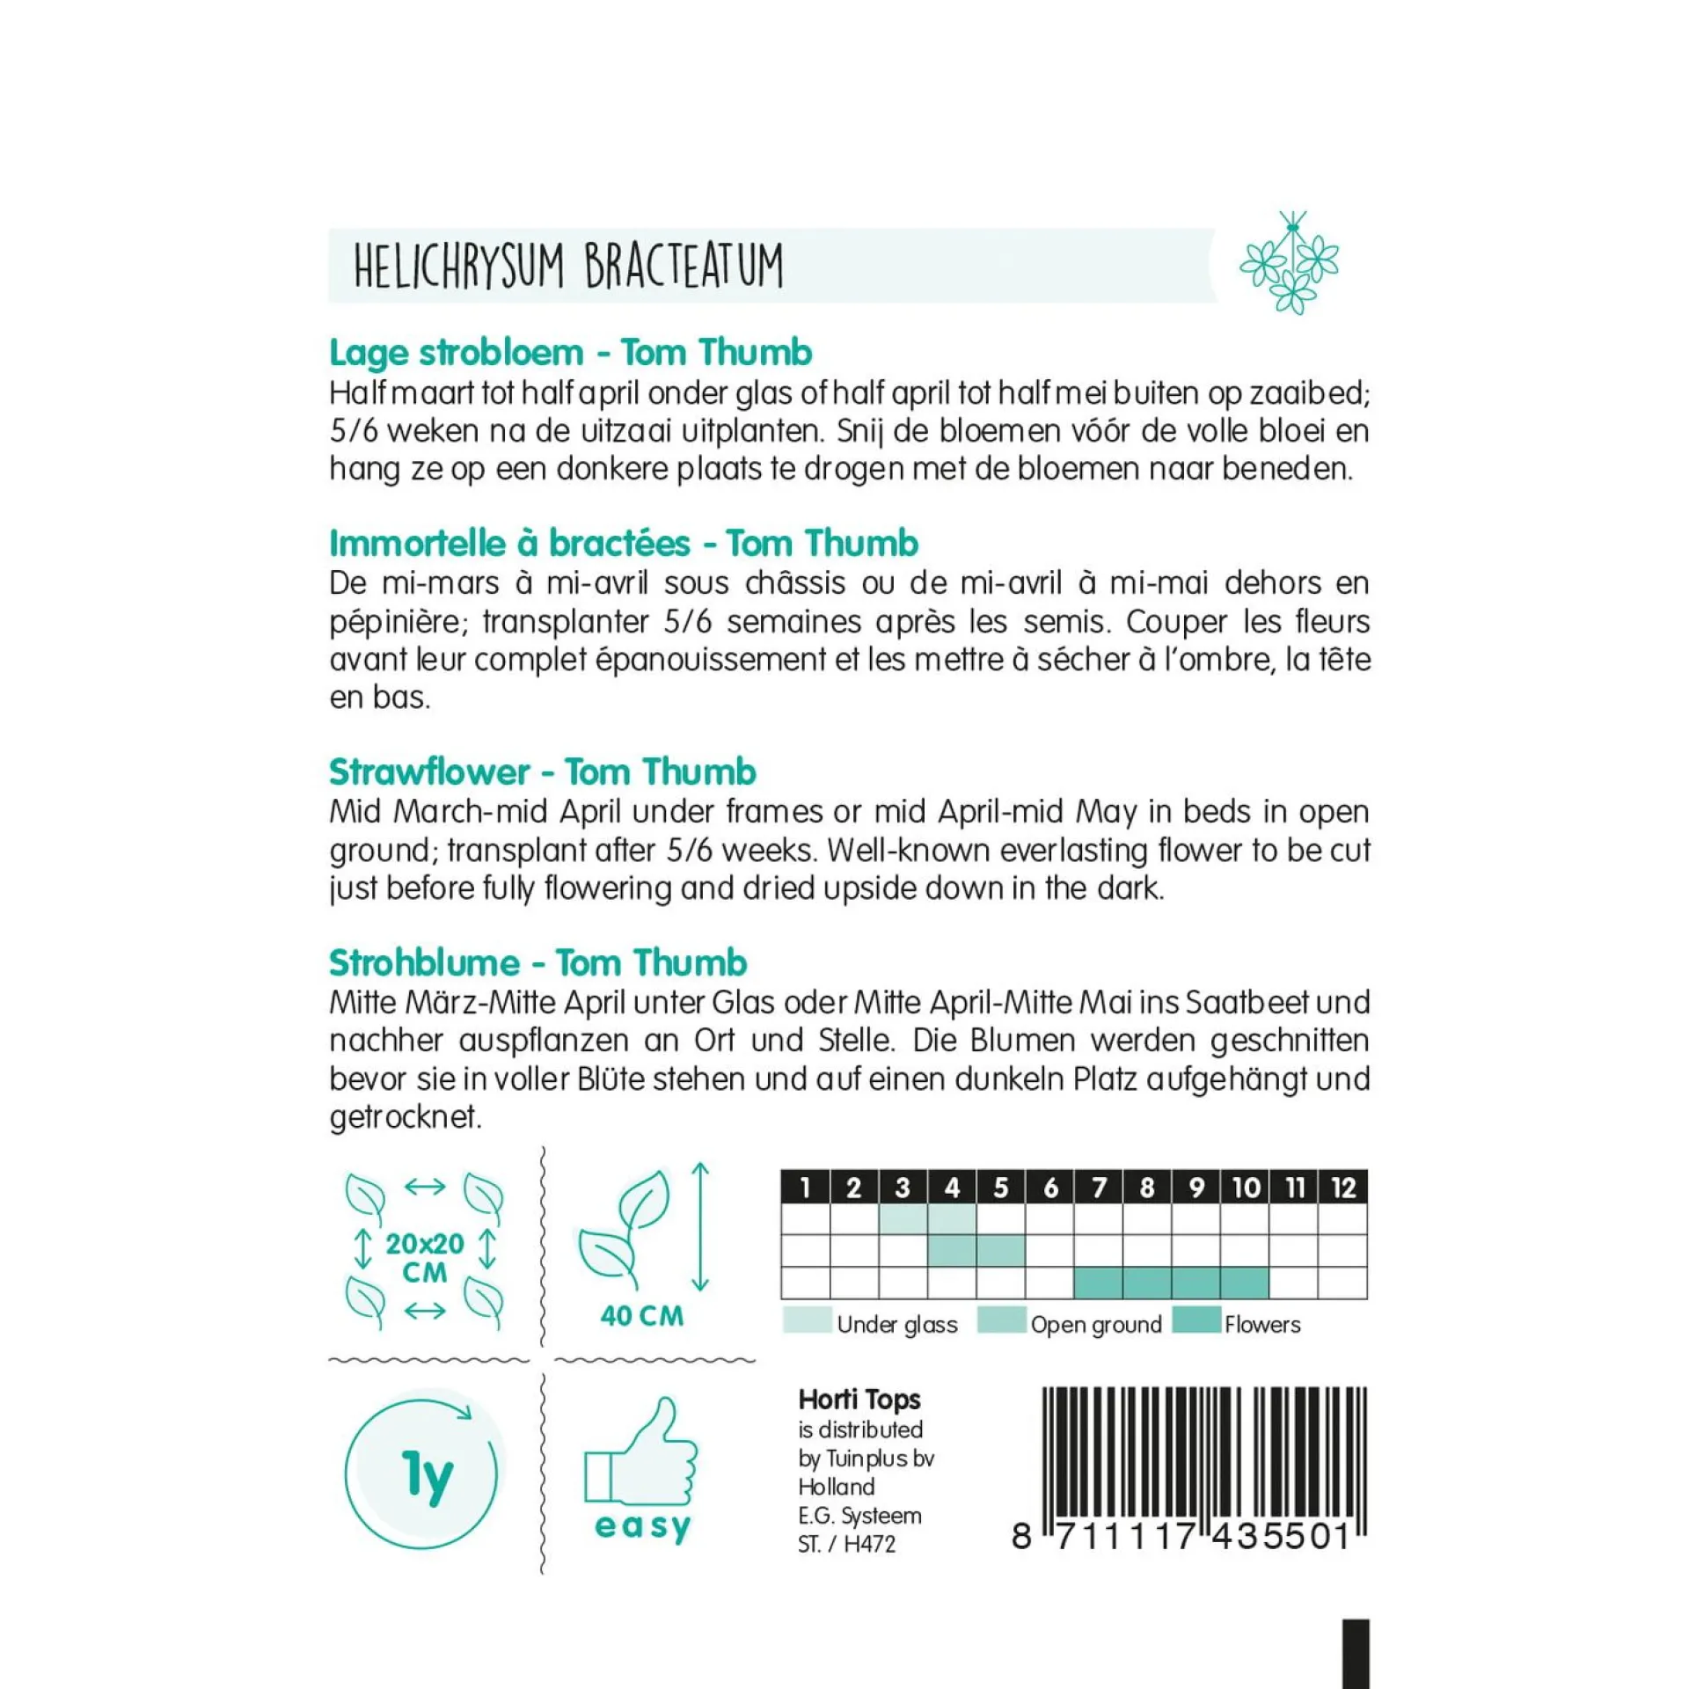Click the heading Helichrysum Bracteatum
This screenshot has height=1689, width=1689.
tap(568, 266)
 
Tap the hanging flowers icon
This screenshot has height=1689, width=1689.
tap(1289, 261)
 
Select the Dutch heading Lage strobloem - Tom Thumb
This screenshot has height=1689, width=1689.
tap(570, 353)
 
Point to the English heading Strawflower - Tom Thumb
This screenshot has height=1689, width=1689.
tap(542, 771)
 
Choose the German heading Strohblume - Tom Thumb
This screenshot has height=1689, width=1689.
tap(537, 962)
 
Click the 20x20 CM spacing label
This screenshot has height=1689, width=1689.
tap(425, 1257)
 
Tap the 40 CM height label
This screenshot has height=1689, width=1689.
tap(641, 1316)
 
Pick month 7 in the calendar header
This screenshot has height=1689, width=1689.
tap(1098, 1188)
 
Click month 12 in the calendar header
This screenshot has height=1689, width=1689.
tap(1342, 1188)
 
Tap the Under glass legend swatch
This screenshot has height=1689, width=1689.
tap(807, 1320)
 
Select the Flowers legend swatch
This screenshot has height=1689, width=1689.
tap(1196, 1320)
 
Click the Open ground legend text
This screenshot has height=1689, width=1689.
tap(1096, 1325)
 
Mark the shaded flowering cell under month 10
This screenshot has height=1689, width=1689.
tap(1244, 1283)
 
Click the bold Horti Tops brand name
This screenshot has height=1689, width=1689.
tap(859, 1400)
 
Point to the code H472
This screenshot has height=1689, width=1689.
tap(869, 1544)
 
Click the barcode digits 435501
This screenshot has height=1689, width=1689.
tap(1282, 1536)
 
